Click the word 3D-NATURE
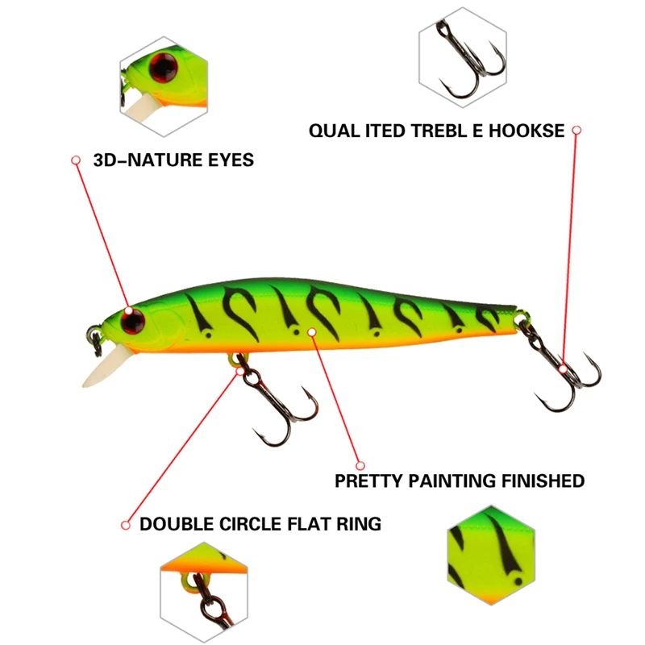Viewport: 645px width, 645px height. click(x=141, y=160)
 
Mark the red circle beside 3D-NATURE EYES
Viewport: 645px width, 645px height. click(x=76, y=160)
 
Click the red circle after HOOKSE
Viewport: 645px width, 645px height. click(x=576, y=129)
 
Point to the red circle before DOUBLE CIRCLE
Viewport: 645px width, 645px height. click(x=125, y=525)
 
